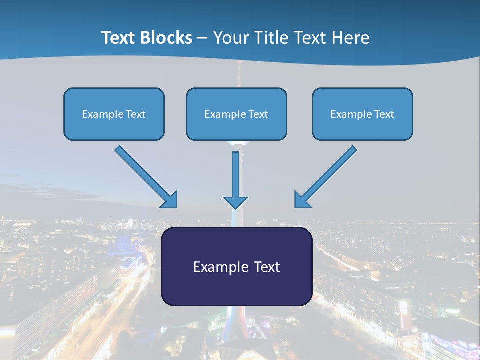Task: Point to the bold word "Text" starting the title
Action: pos(119,38)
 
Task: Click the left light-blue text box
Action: pos(114,114)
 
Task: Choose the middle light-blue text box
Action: pos(236,114)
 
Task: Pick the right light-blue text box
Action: pos(362,114)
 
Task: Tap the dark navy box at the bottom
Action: pos(236,266)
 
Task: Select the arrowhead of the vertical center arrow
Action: pos(235,202)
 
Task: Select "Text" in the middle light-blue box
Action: pos(258,114)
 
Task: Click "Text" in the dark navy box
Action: pos(267,267)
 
